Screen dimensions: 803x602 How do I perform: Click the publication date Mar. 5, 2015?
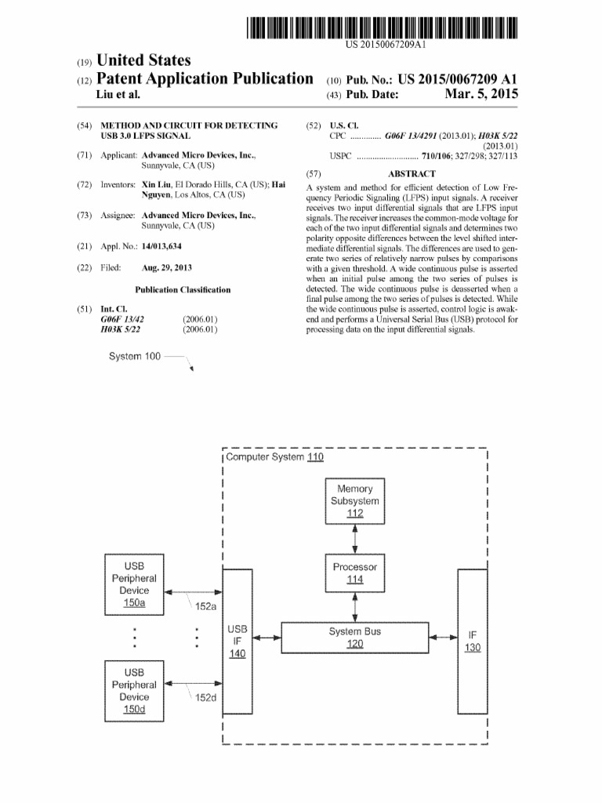pyautogui.click(x=481, y=95)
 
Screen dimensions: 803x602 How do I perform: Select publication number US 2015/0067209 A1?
pyautogui.click(x=458, y=79)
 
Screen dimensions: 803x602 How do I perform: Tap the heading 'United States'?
pyautogui.click(x=143, y=60)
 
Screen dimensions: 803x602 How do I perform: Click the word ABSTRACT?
pyautogui.click(x=412, y=174)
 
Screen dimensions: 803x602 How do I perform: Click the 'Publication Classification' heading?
pyautogui.click(x=183, y=289)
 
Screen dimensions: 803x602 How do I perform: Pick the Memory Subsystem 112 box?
pyautogui.click(x=355, y=501)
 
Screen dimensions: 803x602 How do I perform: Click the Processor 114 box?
pyautogui.click(x=355, y=573)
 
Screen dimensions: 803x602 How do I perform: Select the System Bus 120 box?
pyautogui.click(x=355, y=638)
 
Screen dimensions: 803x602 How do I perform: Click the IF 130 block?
pyautogui.click(x=472, y=641)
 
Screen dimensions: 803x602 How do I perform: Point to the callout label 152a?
pyautogui.click(x=205, y=606)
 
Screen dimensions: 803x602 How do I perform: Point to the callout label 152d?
pyautogui.click(x=205, y=697)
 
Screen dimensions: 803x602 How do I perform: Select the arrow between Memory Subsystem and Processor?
pyautogui.click(x=355, y=539)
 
